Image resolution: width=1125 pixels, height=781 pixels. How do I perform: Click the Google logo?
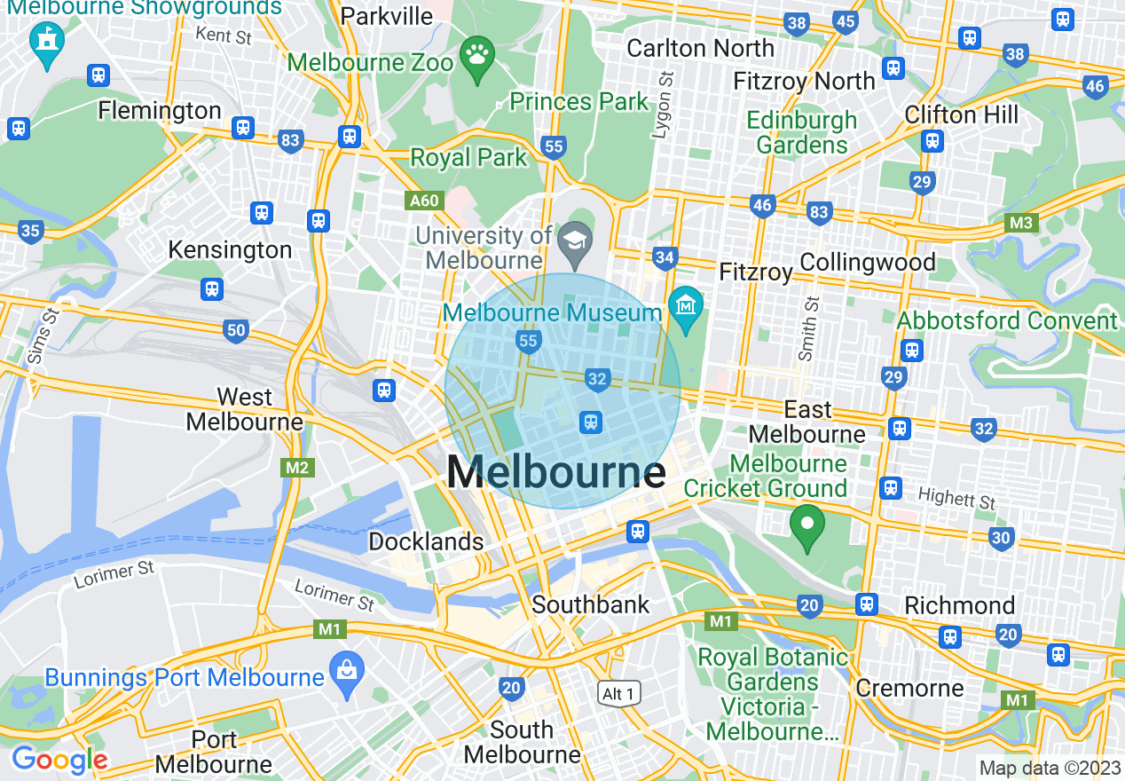[59, 760]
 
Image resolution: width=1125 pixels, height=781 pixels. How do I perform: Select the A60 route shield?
[424, 201]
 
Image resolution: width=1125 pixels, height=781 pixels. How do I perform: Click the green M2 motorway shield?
[297, 467]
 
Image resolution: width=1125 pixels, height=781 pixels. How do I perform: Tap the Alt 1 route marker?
[618, 694]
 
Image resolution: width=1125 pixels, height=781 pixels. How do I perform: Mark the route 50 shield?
[235, 332]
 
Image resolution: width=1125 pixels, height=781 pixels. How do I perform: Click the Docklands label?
[426, 541]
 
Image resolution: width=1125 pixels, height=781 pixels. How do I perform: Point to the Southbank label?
[590, 605]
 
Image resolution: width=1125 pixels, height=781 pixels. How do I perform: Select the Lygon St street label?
[662, 106]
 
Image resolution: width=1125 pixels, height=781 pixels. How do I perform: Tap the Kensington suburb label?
[230, 250]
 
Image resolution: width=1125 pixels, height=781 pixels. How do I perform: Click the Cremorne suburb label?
[909, 689]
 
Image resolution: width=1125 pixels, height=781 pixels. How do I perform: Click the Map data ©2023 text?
[1049, 768]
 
